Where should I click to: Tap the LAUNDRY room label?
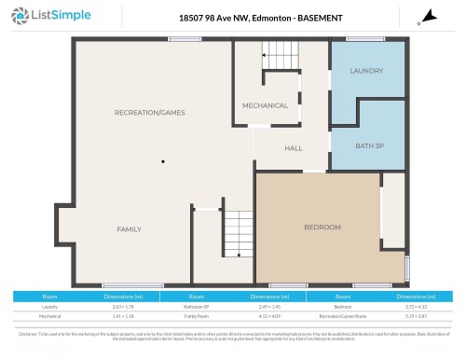[x=366, y=71]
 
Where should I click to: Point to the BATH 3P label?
[x=370, y=146]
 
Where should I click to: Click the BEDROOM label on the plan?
[x=322, y=227]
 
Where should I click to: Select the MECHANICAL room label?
[x=265, y=105]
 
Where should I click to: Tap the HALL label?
[x=294, y=147]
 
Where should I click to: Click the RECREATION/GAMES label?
[x=150, y=112]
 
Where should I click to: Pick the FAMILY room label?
[x=129, y=228]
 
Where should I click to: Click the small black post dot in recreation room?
[x=162, y=160]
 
